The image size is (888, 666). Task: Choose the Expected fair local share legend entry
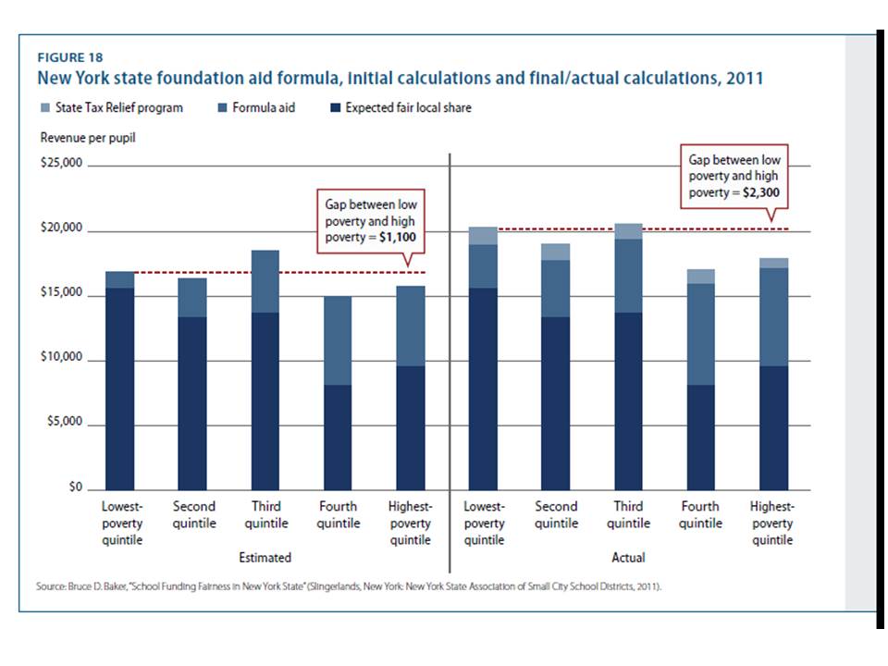tap(408, 107)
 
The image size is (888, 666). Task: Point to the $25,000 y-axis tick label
tap(61, 165)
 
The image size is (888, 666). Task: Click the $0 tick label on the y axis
tap(75, 488)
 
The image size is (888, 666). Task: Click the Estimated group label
tap(265, 558)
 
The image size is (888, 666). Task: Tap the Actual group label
tap(628, 558)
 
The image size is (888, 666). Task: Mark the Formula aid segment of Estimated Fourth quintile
tap(338, 340)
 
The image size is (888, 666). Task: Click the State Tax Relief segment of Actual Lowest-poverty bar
tap(483, 235)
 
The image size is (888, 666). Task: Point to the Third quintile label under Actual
tap(628, 514)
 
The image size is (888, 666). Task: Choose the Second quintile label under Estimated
tap(193, 514)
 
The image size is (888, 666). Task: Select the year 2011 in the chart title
tap(744, 78)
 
